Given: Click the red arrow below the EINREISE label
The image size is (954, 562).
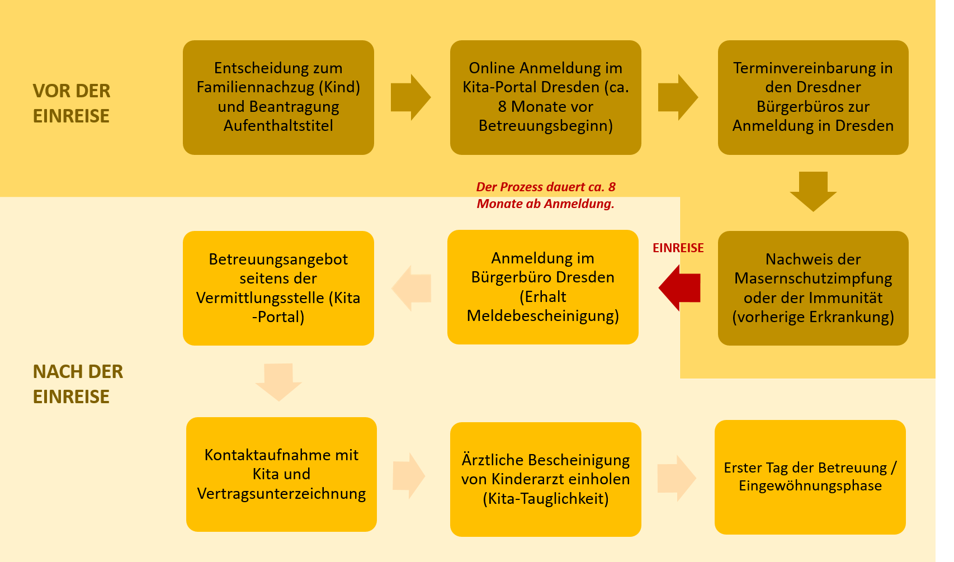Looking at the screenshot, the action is coord(679,288).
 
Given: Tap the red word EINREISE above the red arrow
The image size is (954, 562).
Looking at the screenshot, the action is coord(678,248).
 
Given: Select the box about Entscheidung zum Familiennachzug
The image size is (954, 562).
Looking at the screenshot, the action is coord(278,97).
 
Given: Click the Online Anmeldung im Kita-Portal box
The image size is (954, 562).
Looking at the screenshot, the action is coord(546,97).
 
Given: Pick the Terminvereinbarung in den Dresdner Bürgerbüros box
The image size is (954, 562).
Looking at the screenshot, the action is coord(813,97).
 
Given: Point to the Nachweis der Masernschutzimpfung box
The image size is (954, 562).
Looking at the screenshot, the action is coord(813,288).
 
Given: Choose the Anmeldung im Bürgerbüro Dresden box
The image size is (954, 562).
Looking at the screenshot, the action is coord(542,287).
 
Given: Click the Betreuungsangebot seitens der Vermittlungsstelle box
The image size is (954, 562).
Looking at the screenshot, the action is coord(278,288).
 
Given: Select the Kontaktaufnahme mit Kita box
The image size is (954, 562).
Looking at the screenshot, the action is coord(281,474).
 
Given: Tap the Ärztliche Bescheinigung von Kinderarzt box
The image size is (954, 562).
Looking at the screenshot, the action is coord(546,479).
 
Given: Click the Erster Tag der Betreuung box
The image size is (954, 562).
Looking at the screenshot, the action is coord(810,477).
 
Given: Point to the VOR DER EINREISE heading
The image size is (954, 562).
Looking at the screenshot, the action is coord(72,103).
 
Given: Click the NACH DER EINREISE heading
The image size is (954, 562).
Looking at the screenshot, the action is coord(78,384).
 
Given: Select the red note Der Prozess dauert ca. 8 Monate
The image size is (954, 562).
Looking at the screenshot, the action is coord(546,195).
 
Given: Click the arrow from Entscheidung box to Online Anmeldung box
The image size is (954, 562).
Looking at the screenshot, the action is coord(411,97).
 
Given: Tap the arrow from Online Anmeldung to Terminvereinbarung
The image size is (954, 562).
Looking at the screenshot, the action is coord(678,97).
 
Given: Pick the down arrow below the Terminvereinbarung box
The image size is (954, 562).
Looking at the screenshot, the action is coord(813,192).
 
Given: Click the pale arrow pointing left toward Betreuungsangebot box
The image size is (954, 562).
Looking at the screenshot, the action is coord(411,288).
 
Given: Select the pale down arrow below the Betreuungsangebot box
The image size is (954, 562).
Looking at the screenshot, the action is coord(278,382).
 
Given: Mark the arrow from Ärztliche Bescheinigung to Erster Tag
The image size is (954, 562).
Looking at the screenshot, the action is coord(677,478).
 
